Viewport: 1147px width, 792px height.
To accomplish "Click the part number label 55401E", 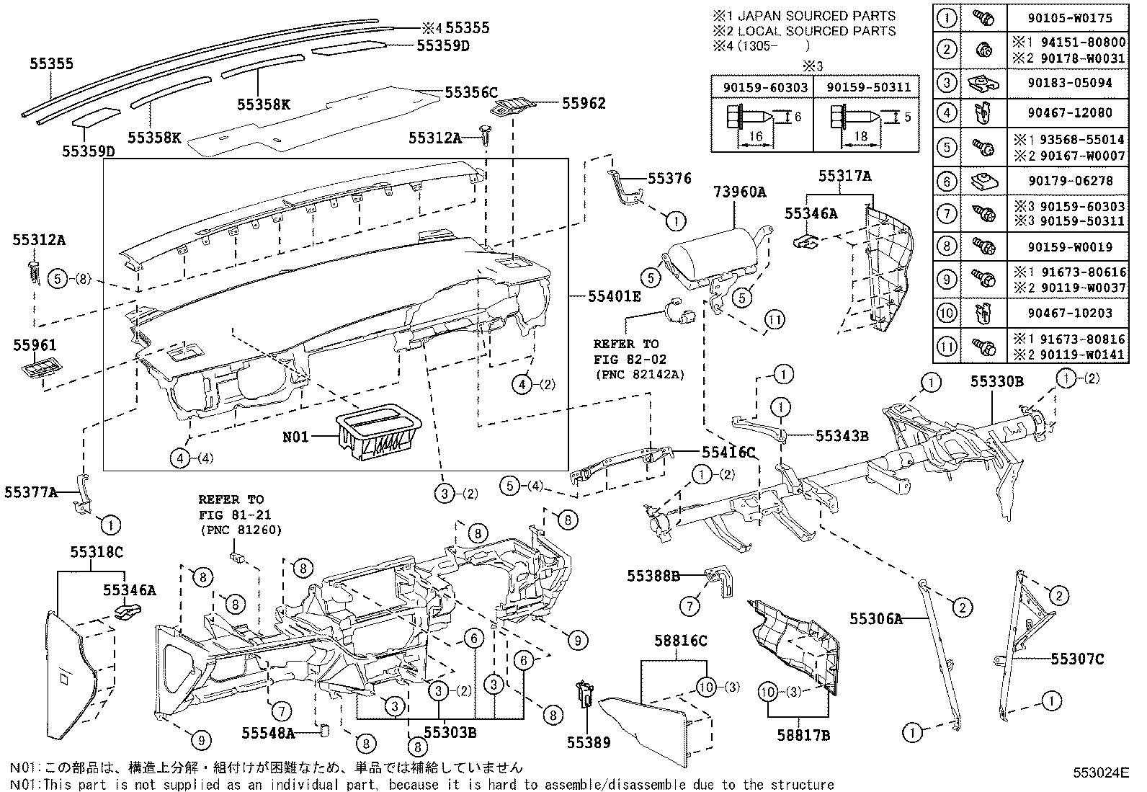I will [614, 295].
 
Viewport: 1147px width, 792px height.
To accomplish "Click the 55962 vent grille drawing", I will [512, 107].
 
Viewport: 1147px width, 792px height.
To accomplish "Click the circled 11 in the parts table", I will [947, 347].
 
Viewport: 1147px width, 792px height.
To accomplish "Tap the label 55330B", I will [996, 382].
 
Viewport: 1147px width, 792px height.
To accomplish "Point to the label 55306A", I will [875, 618].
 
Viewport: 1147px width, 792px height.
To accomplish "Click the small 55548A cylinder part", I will [324, 731].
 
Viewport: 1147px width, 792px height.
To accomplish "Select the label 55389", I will [588, 743].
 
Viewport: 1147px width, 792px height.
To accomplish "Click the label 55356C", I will [471, 92].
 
